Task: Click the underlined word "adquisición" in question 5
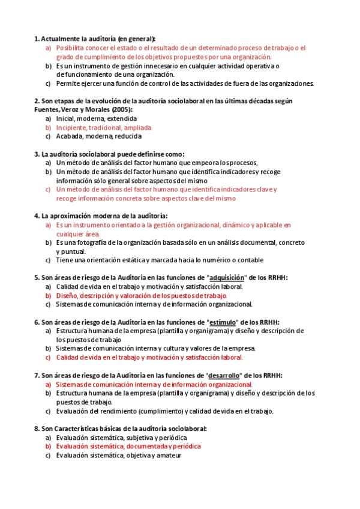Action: point(227,278)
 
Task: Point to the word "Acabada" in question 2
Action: point(70,136)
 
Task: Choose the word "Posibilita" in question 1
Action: point(71,47)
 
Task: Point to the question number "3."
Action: point(37,154)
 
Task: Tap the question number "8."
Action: point(37,429)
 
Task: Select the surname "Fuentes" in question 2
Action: point(48,110)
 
